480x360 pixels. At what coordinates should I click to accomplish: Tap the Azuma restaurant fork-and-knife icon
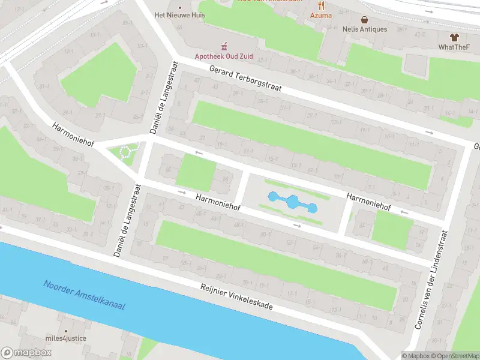click(321, 5)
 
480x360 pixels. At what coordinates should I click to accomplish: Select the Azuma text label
click(321, 15)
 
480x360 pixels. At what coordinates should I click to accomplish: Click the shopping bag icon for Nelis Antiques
click(364, 19)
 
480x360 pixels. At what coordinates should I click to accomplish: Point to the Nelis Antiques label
click(364, 29)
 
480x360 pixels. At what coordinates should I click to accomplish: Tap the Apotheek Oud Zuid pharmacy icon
click(224, 46)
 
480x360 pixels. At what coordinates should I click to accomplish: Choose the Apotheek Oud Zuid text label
click(224, 56)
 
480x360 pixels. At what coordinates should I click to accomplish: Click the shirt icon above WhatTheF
click(454, 37)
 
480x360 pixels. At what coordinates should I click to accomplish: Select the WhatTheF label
click(454, 47)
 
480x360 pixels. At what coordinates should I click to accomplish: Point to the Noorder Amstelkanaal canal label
click(83, 295)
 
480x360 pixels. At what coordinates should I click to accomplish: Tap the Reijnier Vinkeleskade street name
click(236, 296)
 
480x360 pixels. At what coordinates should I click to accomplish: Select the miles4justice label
click(66, 338)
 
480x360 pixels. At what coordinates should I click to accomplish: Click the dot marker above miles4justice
click(66, 330)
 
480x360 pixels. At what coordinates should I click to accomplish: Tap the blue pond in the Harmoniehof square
click(292, 202)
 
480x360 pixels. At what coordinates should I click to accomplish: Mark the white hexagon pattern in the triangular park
click(127, 151)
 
